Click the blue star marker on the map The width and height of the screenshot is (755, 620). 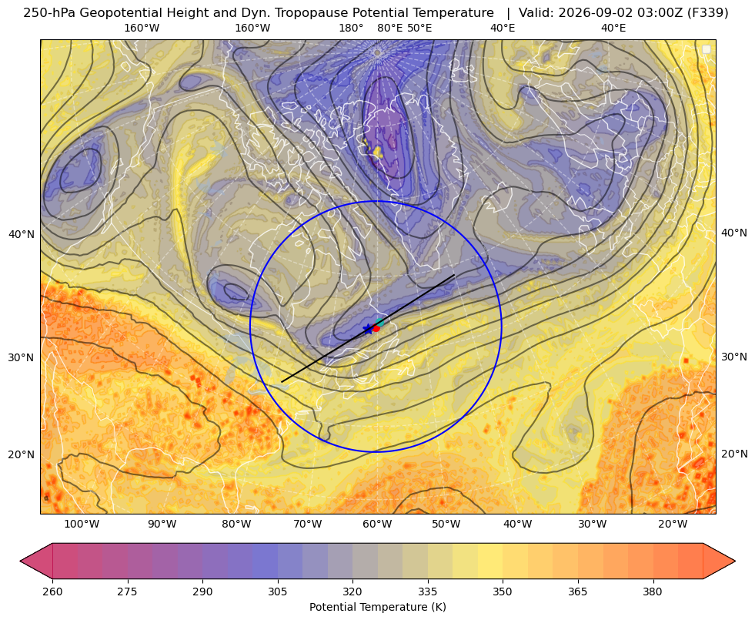click(x=369, y=329)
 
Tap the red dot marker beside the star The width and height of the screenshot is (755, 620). click(x=376, y=328)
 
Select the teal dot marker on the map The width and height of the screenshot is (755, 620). click(x=380, y=323)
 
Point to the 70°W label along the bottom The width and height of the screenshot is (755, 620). click(x=307, y=524)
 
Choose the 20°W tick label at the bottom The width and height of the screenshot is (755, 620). click(x=673, y=524)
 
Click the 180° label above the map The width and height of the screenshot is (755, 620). click(x=351, y=28)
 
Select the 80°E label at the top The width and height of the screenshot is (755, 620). click(x=390, y=28)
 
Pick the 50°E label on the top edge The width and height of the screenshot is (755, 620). click(x=419, y=28)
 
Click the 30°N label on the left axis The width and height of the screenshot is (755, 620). click(x=22, y=357)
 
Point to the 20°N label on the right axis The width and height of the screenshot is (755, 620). click(x=734, y=454)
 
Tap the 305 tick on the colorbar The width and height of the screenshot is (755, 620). click(x=278, y=592)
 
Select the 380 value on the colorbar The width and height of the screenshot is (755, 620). click(x=653, y=592)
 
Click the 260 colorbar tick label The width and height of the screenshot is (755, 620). click(x=52, y=592)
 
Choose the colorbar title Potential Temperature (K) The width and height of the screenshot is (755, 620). click(x=377, y=607)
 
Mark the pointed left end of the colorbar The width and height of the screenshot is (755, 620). click(x=20, y=561)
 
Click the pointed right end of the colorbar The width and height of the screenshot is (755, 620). click(x=735, y=561)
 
